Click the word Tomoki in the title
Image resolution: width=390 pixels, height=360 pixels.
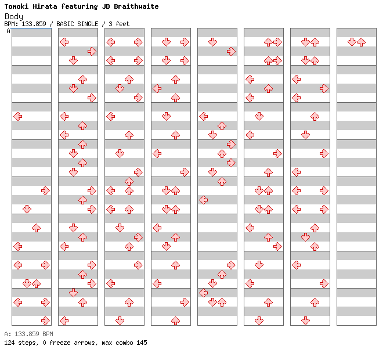click(16, 6)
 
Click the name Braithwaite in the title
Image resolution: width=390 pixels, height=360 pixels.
click(136, 6)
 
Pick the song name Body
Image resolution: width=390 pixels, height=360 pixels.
click(14, 17)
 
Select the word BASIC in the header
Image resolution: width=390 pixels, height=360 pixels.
click(65, 24)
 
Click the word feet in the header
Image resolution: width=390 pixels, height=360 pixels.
click(122, 24)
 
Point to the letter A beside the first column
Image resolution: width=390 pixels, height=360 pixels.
click(9, 31)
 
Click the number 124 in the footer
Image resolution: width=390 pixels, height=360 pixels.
click(9, 343)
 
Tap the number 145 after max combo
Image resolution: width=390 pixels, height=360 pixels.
click(142, 343)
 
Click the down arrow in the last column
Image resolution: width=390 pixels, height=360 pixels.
click(352, 42)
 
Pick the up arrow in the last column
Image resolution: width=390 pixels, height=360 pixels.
click(361, 42)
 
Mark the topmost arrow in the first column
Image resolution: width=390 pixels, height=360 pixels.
click(18, 117)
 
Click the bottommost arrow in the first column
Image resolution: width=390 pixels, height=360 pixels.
click(45, 321)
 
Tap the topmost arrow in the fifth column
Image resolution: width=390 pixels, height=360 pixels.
click(212, 42)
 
